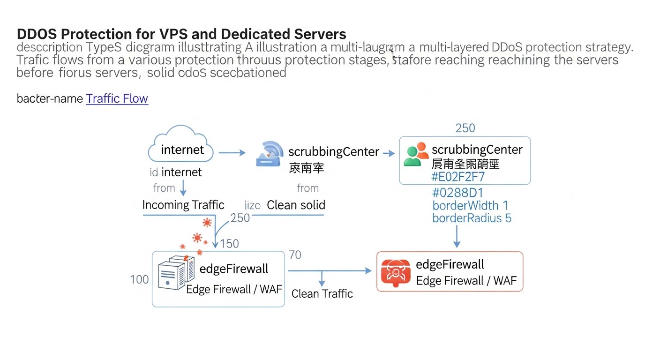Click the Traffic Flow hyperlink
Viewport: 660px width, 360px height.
[117, 99]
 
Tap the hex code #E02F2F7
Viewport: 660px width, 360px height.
[458, 177]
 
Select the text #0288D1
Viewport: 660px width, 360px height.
[457, 193]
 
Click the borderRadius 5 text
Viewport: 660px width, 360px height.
[472, 218]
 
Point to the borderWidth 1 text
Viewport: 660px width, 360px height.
[470, 206]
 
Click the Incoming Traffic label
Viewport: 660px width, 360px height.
[183, 205]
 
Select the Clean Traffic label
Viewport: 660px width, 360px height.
[322, 294]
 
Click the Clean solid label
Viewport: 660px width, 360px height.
[296, 205]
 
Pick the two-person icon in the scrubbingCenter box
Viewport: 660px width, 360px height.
[416, 155]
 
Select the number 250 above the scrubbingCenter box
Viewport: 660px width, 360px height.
[465, 128]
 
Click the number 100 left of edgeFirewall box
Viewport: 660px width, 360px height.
[139, 280]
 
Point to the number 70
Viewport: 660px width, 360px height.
[295, 255]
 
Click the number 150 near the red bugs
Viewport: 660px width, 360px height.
[229, 244]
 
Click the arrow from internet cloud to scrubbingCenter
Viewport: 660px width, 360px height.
[232, 153]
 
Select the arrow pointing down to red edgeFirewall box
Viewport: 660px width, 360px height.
[457, 237]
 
